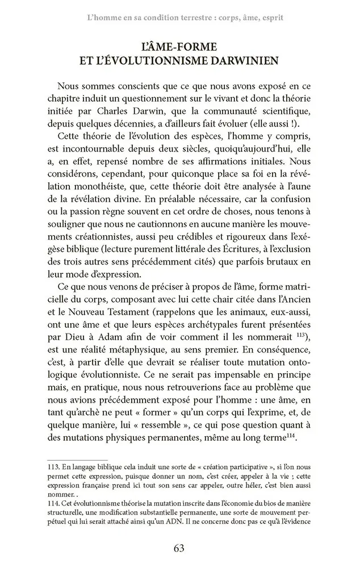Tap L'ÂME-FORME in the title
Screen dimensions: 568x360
[179, 45]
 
